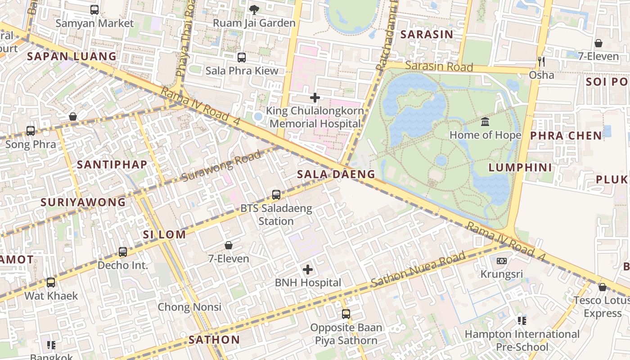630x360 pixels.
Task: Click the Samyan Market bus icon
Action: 94,9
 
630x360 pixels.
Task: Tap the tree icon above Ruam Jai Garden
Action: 254,9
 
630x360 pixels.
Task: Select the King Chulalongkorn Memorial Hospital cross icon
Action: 315,97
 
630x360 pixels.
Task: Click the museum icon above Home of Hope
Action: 485,121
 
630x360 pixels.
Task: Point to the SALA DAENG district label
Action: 336,174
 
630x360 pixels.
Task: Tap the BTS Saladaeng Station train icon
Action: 276,195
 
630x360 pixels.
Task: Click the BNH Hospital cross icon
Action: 308,270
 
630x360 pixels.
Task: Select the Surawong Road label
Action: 221,166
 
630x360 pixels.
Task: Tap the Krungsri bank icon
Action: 502,261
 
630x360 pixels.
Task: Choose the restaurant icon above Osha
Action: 541,61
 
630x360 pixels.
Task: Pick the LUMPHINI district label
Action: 520,168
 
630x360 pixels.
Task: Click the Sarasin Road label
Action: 439,66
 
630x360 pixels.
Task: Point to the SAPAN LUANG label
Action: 72,56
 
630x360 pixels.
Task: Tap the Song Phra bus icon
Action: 31,131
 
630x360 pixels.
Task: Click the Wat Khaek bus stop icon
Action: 51,283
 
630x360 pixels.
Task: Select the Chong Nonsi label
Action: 189,307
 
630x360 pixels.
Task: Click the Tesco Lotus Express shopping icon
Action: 603,287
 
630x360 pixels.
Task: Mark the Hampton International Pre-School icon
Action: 522,321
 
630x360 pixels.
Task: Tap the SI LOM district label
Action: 164,234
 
